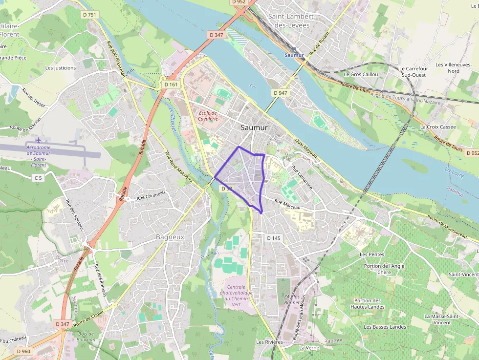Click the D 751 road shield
(x=89, y=15)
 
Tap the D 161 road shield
(x=171, y=85)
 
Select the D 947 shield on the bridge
(x=281, y=93)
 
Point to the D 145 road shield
(x=274, y=238)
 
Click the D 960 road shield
(x=23, y=351)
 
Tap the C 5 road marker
(x=38, y=178)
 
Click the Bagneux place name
(x=170, y=236)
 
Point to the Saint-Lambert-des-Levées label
(x=292, y=21)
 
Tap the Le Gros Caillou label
(x=361, y=74)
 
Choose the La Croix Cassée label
(x=438, y=127)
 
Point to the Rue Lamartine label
(x=302, y=177)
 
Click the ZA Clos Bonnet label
(x=292, y=299)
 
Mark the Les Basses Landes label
(x=385, y=327)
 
